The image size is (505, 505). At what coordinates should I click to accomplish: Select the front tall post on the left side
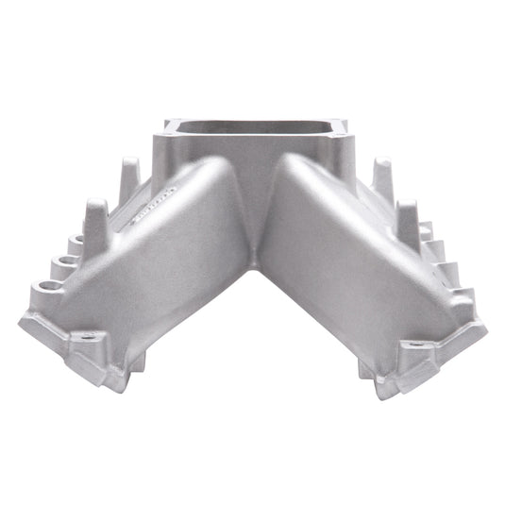click(97, 217)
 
